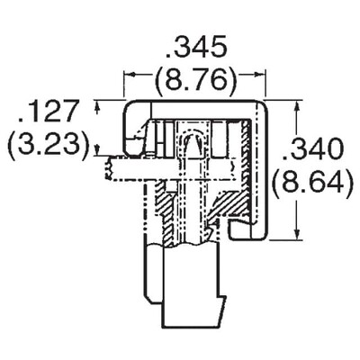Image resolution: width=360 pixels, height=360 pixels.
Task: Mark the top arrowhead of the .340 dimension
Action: (x=295, y=105)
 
